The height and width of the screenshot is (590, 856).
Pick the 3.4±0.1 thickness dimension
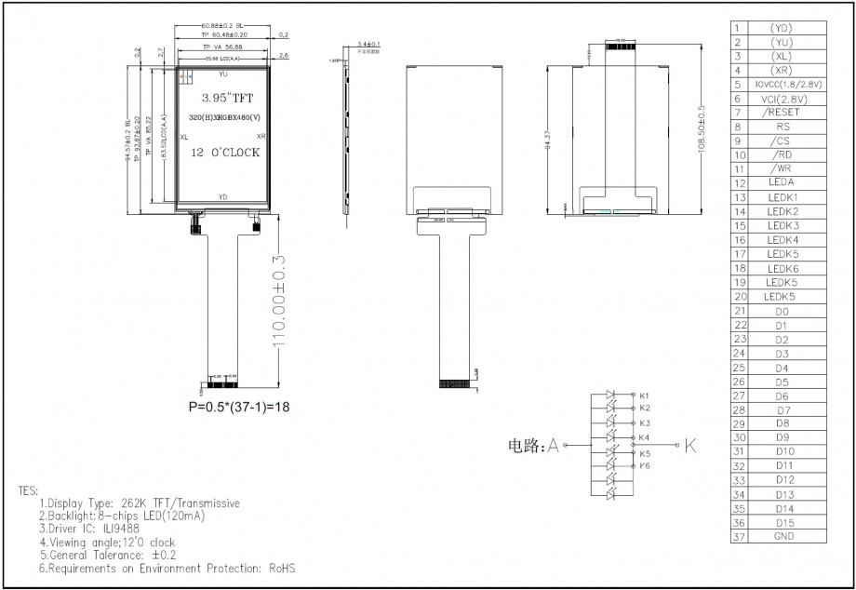368,44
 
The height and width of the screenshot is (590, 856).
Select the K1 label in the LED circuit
644,396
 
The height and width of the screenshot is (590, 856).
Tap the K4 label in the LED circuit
644,437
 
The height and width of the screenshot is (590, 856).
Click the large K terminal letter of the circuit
689,446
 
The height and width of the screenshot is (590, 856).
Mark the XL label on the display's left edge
184,136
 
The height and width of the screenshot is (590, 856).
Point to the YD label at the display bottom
222,197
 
